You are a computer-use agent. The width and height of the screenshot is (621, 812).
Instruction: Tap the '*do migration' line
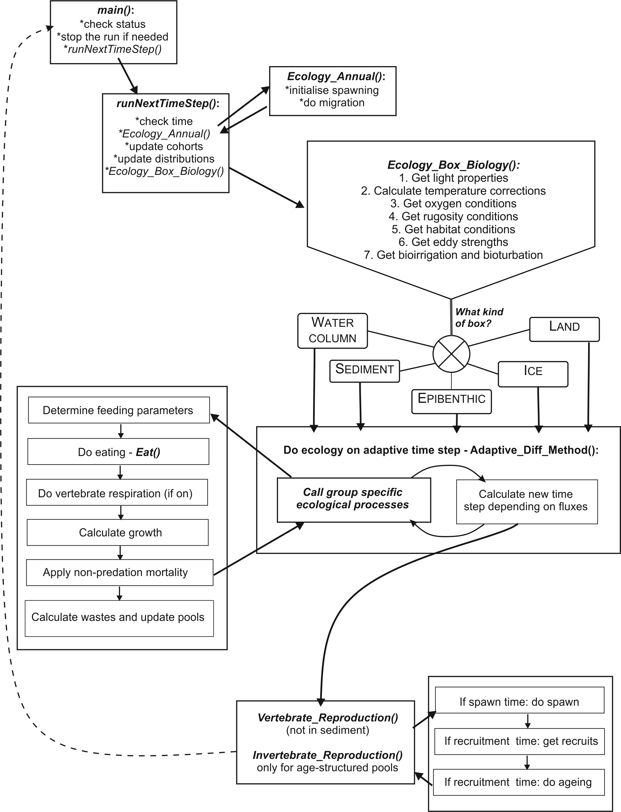point(332,102)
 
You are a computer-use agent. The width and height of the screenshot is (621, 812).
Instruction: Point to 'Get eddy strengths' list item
point(453,242)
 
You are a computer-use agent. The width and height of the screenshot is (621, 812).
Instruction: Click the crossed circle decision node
point(451,354)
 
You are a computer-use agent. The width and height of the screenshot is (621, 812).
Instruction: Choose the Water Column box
point(332,331)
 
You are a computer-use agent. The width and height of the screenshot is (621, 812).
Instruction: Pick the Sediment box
point(365,371)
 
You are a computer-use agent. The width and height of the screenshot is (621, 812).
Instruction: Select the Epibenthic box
point(451,401)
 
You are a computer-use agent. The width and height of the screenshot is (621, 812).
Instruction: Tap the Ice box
point(533,374)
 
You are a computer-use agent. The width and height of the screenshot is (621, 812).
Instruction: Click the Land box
point(564,329)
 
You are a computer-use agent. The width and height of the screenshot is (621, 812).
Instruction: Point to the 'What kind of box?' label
point(479,317)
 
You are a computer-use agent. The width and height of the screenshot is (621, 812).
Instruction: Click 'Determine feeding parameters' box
point(119,410)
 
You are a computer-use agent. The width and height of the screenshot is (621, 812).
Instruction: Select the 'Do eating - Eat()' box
point(118,452)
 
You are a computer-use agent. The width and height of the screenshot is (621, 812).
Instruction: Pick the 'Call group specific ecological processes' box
point(354,499)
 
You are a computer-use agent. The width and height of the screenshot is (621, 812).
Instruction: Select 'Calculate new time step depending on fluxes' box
point(527,501)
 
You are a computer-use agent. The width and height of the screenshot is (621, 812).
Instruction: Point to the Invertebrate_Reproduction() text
point(327,755)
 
